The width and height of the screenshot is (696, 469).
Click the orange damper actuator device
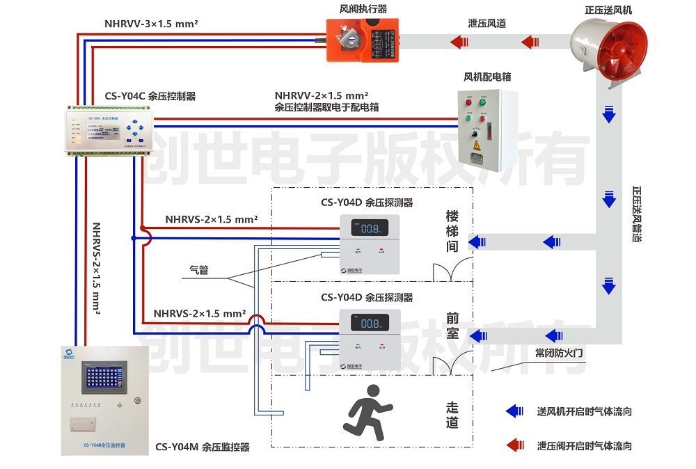point(363,41)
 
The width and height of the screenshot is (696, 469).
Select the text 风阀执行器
point(363,9)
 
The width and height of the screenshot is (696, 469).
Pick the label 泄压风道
point(487,24)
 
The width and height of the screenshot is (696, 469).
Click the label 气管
point(199,270)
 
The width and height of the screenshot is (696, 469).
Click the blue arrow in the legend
point(515,411)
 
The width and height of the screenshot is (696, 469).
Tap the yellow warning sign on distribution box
point(477,145)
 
